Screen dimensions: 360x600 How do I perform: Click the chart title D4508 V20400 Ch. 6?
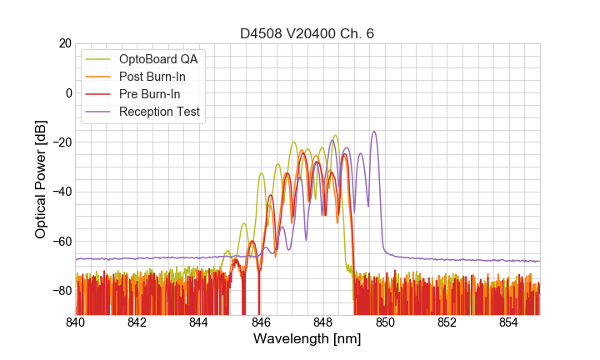click(307, 33)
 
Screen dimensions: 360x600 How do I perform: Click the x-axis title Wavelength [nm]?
click(307, 339)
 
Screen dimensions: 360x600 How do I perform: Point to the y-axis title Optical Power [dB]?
click(41, 179)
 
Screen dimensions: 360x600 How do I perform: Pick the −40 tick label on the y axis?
click(59, 192)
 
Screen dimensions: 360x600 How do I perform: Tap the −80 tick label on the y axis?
click(59, 291)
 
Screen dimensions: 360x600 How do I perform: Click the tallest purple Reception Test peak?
click(374, 132)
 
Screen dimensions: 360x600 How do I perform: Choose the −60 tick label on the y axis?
click(59, 242)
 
